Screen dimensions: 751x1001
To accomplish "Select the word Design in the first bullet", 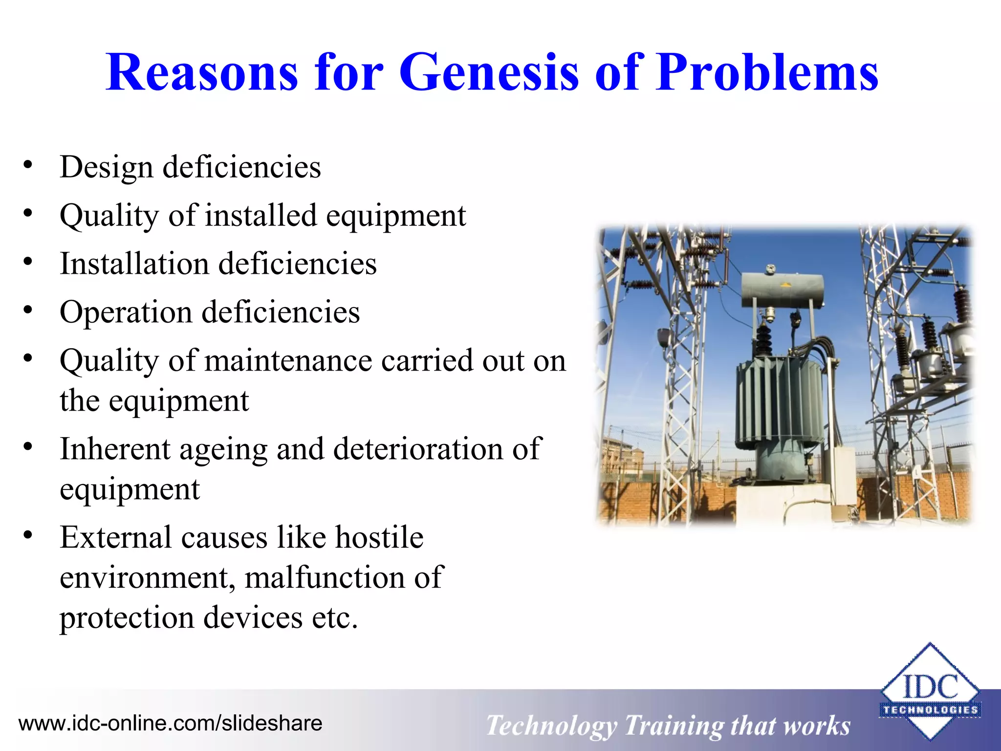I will click(x=107, y=167).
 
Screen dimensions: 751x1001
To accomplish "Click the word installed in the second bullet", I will click(x=261, y=216).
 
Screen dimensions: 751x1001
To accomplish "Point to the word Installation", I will click(x=134, y=264).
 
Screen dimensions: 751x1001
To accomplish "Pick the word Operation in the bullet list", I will click(x=126, y=312).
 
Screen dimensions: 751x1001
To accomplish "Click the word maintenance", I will click(x=288, y=361).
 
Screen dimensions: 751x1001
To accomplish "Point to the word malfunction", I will click(x=325, y=577).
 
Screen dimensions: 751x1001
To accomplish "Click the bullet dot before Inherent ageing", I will click(x=28, y=447).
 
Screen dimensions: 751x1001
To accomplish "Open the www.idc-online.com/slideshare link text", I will click(x=170, y=723).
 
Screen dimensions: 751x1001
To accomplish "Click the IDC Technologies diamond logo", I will click(x=930, y=690).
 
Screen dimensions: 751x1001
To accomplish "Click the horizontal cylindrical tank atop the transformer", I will click(x=782, y=289).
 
